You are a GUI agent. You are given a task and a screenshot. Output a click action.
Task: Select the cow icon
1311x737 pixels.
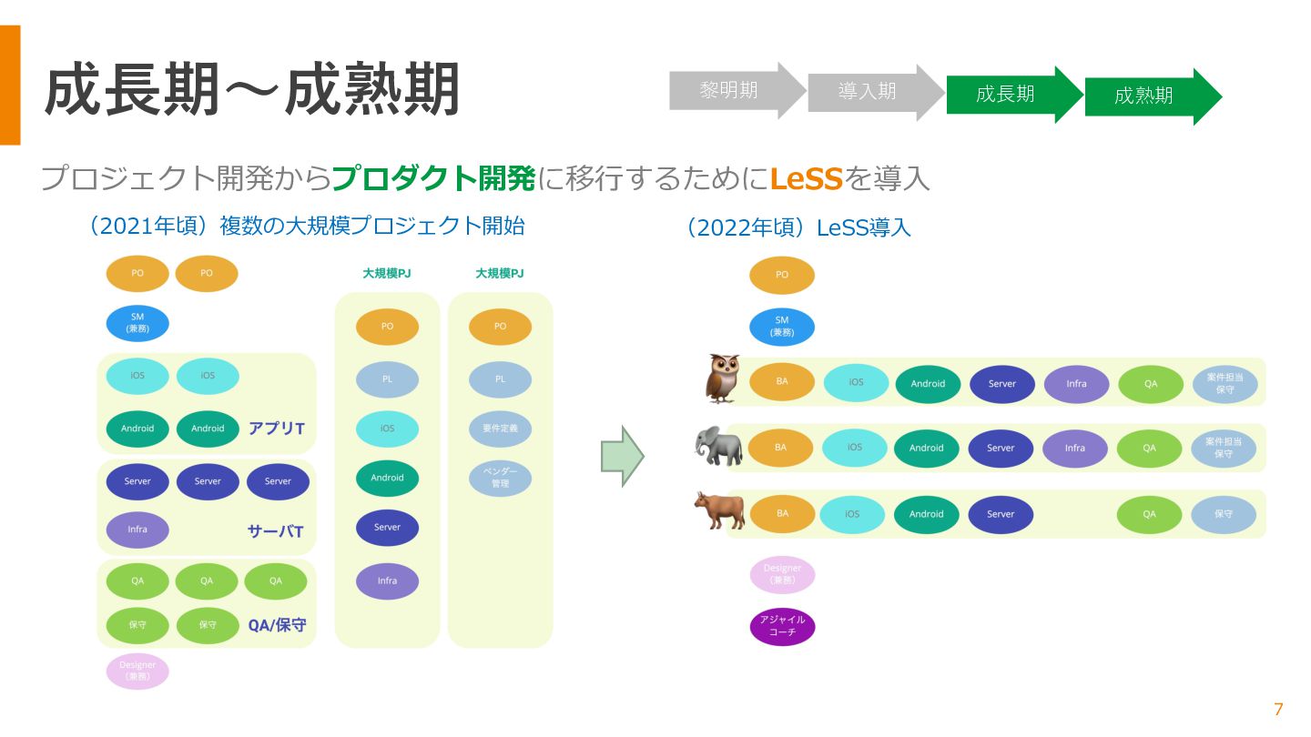tap(719, 510)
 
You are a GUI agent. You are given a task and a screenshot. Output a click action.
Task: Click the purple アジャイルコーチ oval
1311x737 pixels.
tap(782, 626)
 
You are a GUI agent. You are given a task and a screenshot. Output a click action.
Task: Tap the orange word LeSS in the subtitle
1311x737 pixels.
tap(806, 178)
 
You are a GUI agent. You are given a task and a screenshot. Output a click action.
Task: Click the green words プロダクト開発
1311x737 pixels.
tap(433, 178)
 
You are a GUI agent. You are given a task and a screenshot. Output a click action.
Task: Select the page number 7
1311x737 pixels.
tap(1278, 710)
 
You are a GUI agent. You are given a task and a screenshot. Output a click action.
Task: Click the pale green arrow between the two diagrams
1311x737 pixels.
tap(622, 455)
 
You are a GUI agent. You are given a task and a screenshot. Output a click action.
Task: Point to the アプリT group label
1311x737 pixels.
tap(277, 429)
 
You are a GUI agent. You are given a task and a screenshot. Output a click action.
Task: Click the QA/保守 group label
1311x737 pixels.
tap(277, 625)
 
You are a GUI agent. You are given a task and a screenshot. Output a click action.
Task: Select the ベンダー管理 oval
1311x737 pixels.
tap(500, 478)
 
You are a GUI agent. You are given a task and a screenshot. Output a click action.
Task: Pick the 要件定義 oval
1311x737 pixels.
tap(500, 429)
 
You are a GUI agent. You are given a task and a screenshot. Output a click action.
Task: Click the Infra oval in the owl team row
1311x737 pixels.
tap(1076, 384)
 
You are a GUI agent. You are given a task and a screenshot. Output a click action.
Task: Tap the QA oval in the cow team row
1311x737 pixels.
tap(1149, 514)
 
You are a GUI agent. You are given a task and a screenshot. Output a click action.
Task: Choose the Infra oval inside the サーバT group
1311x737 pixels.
tap(137, 530)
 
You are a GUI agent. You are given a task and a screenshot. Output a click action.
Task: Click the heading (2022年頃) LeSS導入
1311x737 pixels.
tap(798, 227)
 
